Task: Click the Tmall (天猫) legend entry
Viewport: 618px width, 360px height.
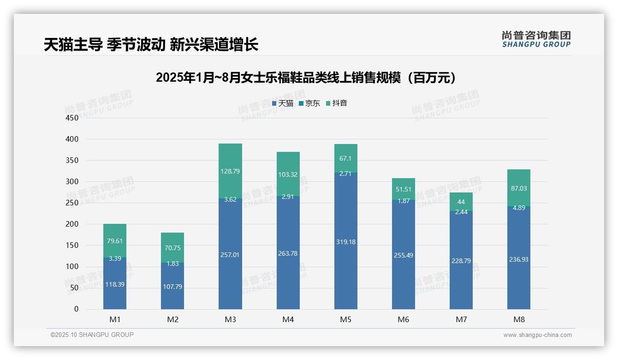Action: (283, 103)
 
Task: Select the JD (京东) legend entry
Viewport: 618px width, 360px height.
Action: (309, 103)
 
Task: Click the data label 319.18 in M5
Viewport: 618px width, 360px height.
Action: (345, 242)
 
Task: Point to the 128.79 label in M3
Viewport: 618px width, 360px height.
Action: (230, 171)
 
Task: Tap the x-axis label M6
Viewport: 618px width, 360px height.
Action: (403, 319)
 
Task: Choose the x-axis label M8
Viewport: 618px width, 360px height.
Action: (518, 319)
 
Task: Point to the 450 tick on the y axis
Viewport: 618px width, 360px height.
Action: (73, 118)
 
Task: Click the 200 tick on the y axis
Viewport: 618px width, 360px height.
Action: (73, 224)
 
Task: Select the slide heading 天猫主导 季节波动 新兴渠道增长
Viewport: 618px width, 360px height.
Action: (151, 44)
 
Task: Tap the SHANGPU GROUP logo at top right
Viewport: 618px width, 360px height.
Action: (536, 39)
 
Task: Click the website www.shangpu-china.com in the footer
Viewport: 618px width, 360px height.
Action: (537, 335)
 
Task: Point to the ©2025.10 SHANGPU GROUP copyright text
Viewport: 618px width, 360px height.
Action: (92, 335)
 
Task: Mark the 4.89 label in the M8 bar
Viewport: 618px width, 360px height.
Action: (518, 207)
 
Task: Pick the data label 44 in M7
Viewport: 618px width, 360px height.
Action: (461, 202)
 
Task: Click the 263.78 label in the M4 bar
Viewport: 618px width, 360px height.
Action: (288, 253)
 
